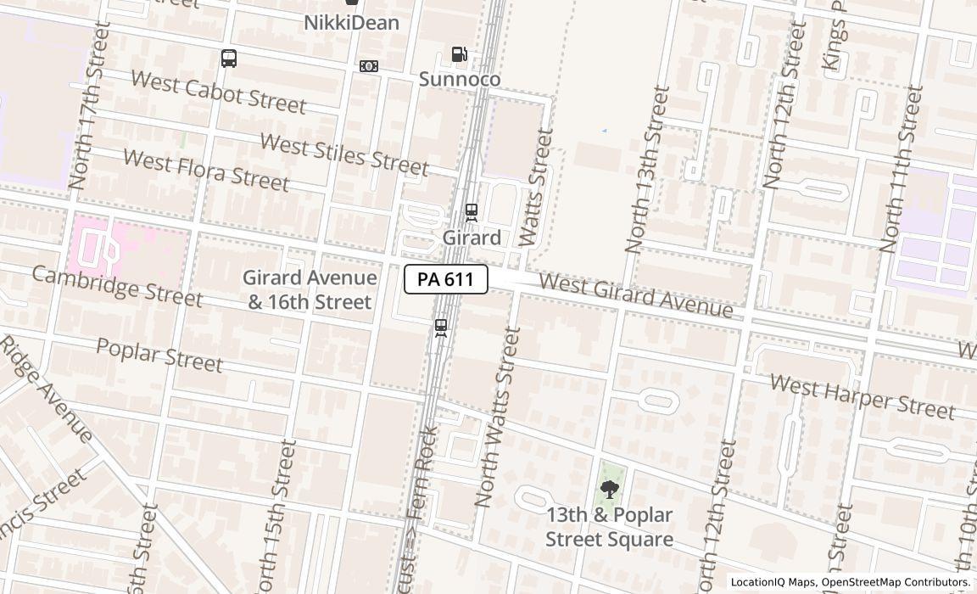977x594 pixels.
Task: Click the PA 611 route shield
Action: (445, 279)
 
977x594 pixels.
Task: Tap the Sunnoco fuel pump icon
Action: (459, 55)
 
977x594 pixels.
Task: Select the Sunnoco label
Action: (459, 79)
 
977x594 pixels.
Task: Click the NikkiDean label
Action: (351, 23)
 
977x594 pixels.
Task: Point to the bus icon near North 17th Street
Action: (228, 59)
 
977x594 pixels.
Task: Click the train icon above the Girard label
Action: (471, 212)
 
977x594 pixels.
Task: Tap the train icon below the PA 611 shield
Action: (440, 328)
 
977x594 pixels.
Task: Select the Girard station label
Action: (471, 238)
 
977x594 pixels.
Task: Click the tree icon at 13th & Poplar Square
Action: (609, 490)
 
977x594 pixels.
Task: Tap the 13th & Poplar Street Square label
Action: (609, 527)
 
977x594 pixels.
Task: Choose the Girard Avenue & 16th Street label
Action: (310, 289)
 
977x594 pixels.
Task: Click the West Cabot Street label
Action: (218, 92)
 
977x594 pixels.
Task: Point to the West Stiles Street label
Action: (343, 154)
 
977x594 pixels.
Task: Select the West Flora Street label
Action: (206, 169)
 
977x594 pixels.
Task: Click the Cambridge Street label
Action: (117, 286)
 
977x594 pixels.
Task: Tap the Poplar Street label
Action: (159, 354)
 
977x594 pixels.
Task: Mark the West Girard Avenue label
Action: (635, 295)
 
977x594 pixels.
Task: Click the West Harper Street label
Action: (862, 398)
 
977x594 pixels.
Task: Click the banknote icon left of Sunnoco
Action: (369, 66)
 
